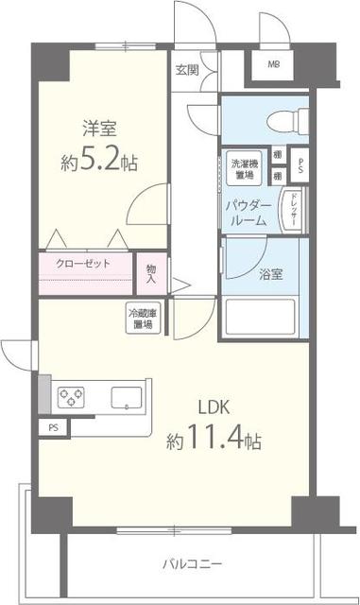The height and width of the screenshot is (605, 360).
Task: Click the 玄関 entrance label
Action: coord(187,69)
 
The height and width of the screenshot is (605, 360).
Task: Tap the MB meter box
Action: coord(273,64)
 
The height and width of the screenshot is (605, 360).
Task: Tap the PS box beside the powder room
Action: coord(300,166)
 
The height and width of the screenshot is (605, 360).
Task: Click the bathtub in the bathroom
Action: coord(265,320)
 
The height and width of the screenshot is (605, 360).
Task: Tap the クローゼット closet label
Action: coord(83,265)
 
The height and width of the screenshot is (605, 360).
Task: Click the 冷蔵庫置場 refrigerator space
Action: coord(144,318)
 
